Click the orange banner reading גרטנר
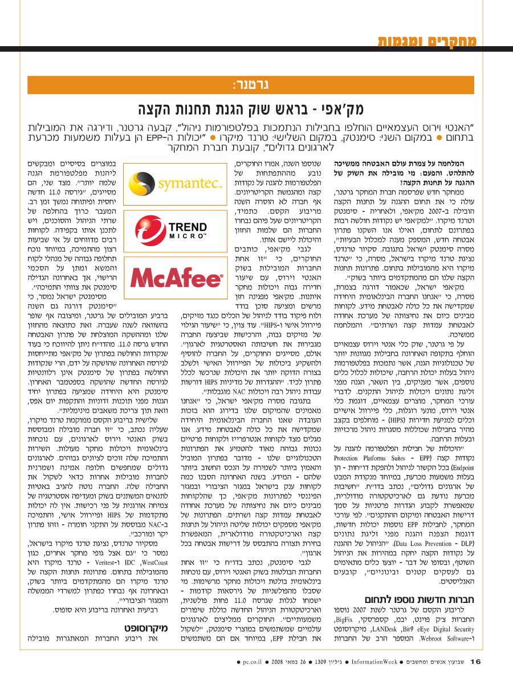pyautogui.click(x=251, y=85)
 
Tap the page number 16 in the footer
pyautogui.click(x=476, y=661)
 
